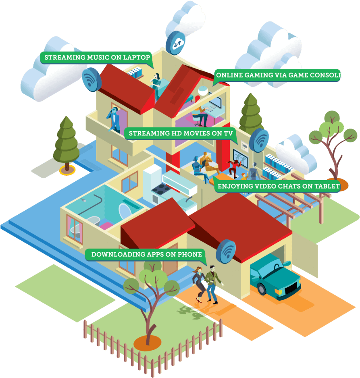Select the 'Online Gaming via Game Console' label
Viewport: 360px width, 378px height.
click(x=277, y=75)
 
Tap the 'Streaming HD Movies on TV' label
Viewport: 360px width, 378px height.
click(x=181, y=133)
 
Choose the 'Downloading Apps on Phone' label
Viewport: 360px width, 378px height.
click(x=146, y=255)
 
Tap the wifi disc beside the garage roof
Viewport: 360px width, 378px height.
click(x=226, y=252)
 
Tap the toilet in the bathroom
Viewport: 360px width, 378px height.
click(x=126, y=212)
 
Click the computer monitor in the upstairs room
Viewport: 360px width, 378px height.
click(x=215, y=101)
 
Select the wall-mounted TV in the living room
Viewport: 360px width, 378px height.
click(x=240, y=158)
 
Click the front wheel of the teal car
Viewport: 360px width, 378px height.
click(x=262, y=289)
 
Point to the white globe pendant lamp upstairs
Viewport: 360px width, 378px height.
click(x=203, y=91)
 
